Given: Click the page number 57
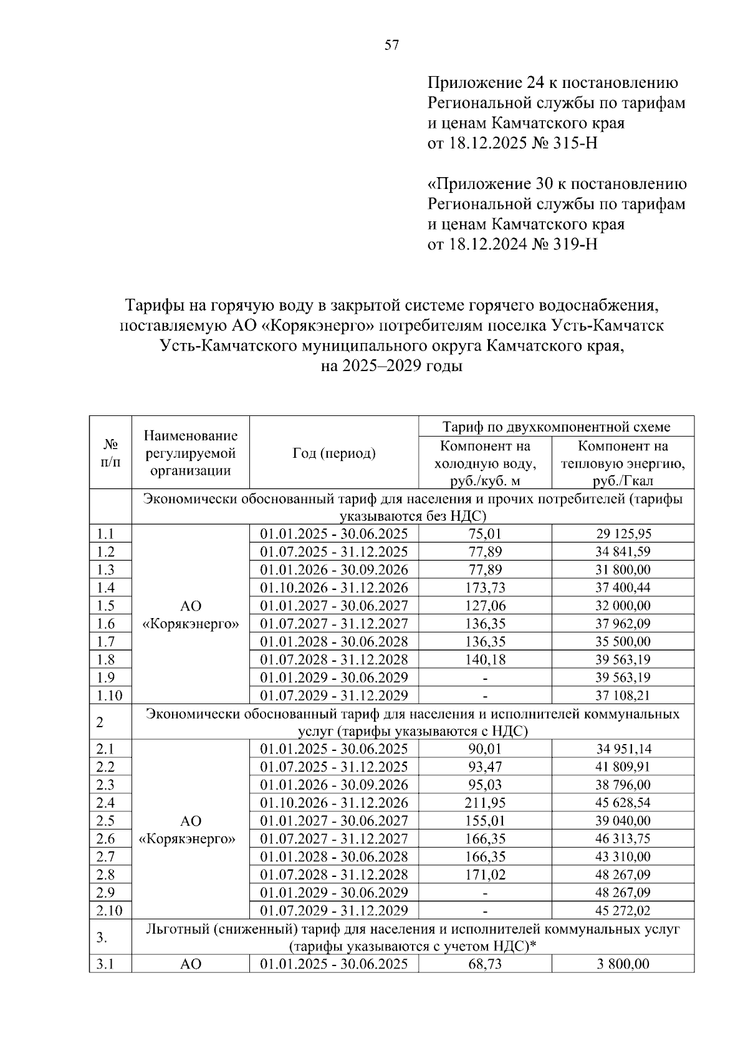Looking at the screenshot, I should pyautogui.click(x=391, y=44).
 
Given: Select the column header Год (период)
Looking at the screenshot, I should pyautogui.click(x=333, y=453).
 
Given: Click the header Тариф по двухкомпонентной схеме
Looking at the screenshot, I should pyautogui.click(x=556, y=427).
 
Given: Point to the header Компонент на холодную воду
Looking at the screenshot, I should pyautogui.click(x=484, y=463).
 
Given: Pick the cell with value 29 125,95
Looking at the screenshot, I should pyautogui.click(x=623, y=534).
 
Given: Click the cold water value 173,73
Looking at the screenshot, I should pyautogui.click(x=485, y=588).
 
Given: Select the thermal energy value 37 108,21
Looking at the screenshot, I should pyautogui.click(x=623, y=695).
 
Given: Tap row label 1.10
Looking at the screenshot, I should pyautogui.click(x=110, y=695).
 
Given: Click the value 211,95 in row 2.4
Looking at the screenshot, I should pyautogui.click(x=485, y=803).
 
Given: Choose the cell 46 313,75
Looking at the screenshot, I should pyautogui.click(x=623, y=839).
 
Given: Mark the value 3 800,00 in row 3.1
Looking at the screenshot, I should pyautogui.click(x=623, y=964).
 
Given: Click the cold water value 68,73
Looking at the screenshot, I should pyautogui.click(x=485, y=964).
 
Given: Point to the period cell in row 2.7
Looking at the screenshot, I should pyautogui.click(x=333, y=856).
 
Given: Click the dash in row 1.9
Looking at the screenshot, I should pyautogui.click(x=485, y=678).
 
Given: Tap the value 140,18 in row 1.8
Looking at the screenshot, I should pyautogui.click(x=485, y=659).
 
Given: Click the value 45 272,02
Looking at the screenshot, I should pyautogui.click(x=623, y=911).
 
